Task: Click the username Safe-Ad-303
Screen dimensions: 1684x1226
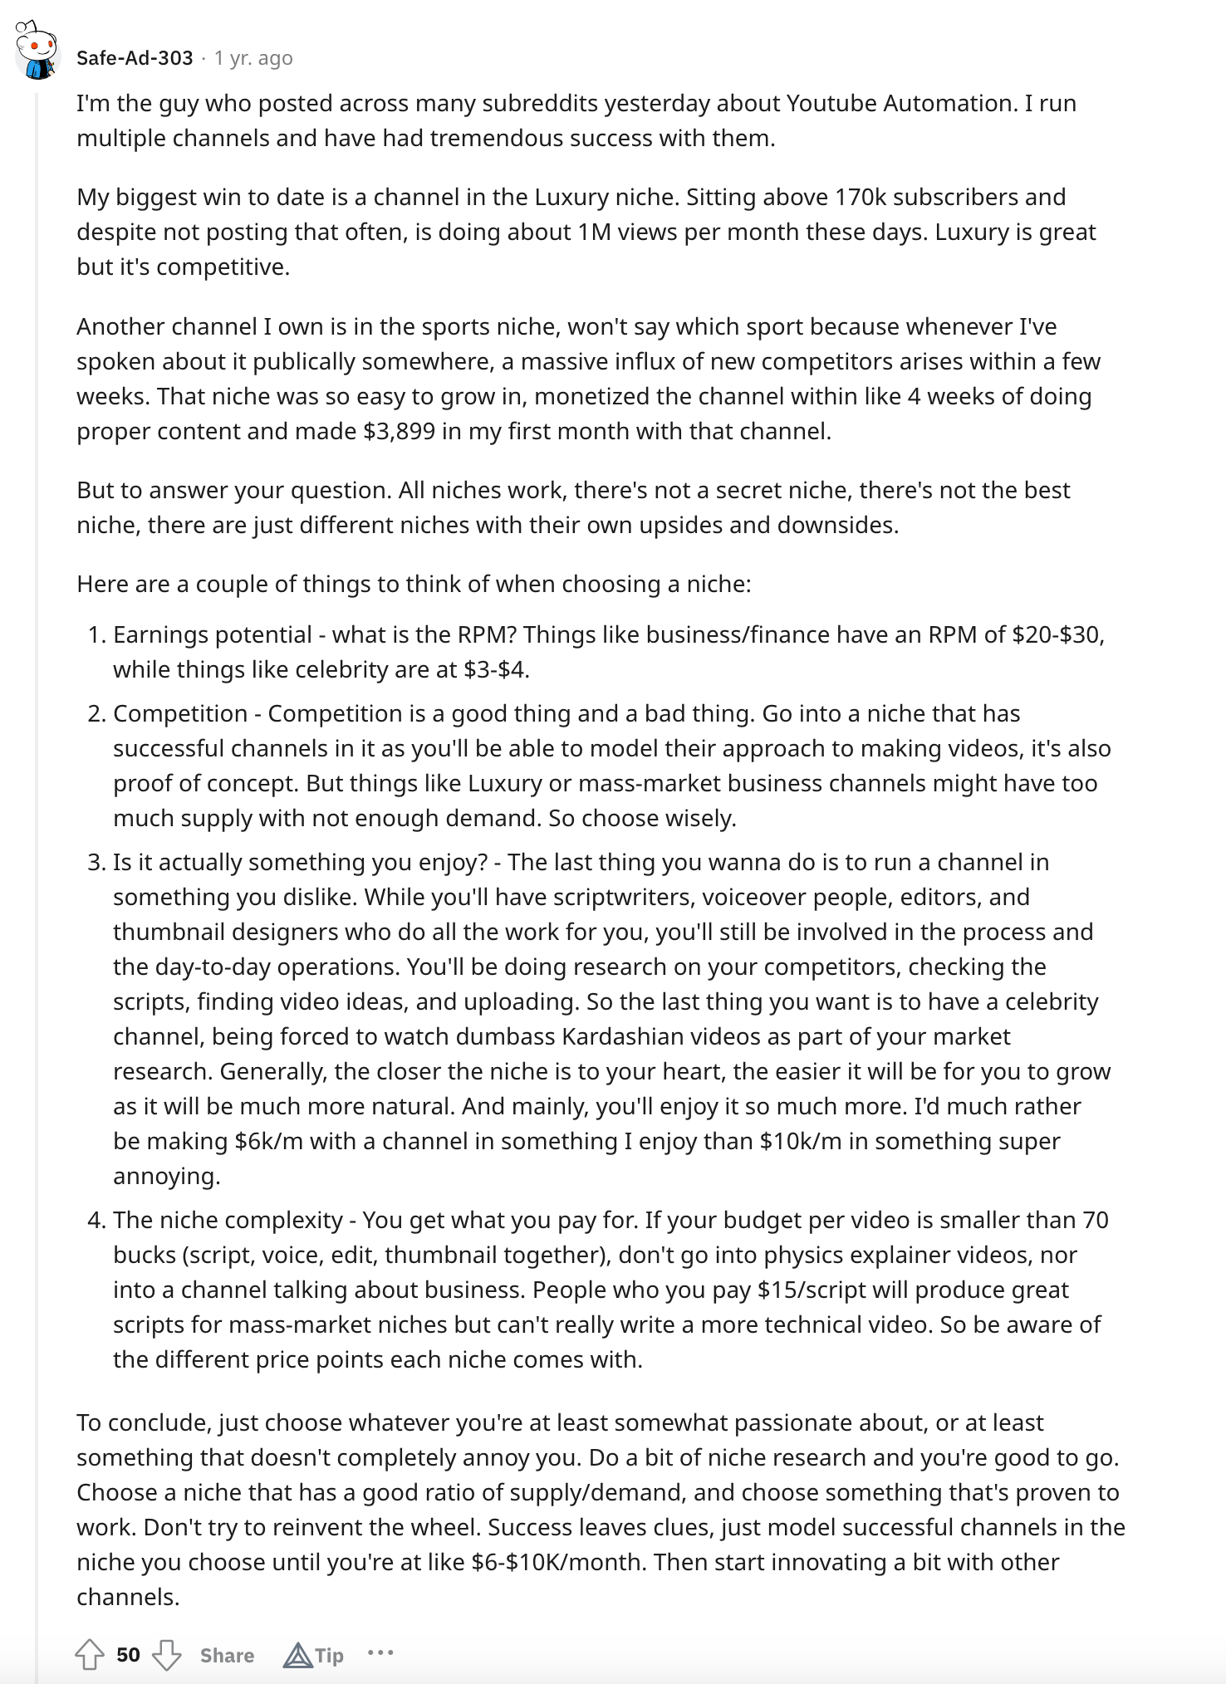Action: [134, 58]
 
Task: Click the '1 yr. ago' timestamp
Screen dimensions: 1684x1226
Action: [253, 58]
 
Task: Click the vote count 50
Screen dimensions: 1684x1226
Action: [128, 1655]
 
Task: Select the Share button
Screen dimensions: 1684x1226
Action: [227, 1655]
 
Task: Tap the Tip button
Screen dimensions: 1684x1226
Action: [314, 1655]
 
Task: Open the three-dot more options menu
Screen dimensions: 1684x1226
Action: [380, 1653]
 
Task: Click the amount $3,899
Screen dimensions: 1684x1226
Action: [399, 431]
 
